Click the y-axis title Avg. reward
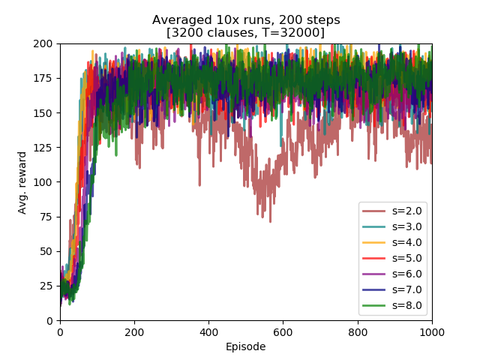[x=22, y=182]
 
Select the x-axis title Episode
[x=246, y=346]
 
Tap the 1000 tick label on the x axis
[x=432, y=331]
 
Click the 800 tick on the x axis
[x=358, y=331]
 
